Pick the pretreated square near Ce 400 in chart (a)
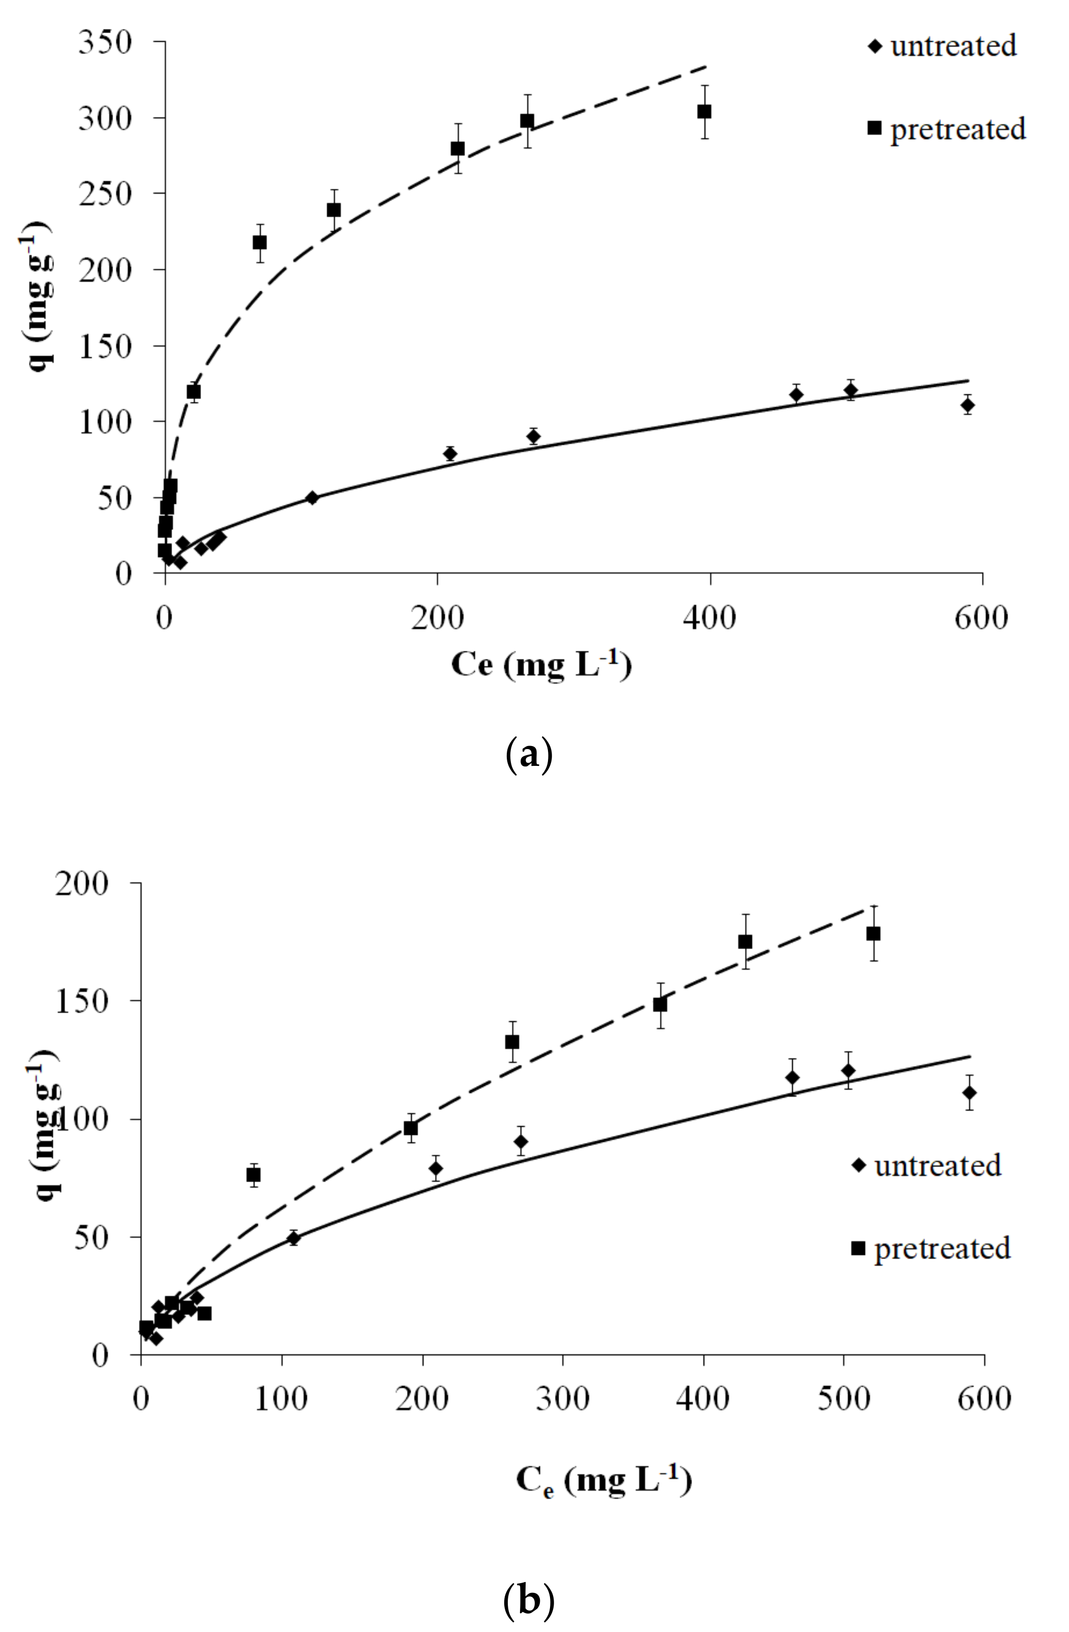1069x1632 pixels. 704,111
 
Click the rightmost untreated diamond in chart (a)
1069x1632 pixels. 968,405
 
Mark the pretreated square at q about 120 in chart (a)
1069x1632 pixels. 194,391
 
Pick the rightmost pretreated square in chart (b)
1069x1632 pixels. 873,933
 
